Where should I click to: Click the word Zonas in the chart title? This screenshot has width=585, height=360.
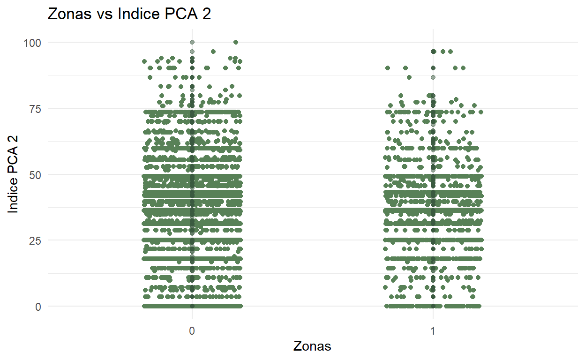pyautogui.click(x=64, y=14)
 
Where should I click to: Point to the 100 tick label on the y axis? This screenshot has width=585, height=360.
pyautogui.click(x=32, y=43)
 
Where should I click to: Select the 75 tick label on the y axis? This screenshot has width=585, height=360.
pyautogui.click(x=35, y=109)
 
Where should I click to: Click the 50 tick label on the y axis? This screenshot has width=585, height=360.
pyautogui.click(x=35, y=175)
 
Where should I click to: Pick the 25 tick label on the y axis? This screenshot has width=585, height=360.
pyautogui.click(x=35, y=240)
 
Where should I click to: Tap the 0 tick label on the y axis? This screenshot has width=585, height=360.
pyautogui.click(x=38, y=307)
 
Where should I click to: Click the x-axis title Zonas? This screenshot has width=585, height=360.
pyautogui.click(x=312, y=346)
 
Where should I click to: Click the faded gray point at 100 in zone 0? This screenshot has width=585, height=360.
pyautogui.click(x=192, y=42)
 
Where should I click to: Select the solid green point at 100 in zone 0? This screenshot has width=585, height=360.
pyautogui.click(x=235, y=42)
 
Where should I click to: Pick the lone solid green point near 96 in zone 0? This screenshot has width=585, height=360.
pyautogui.click(x=213, y=52)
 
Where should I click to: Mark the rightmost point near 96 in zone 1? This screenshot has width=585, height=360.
pyautogui.click(x=450, y=52)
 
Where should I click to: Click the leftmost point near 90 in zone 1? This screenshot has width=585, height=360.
pyautogui.click(x=388, y=68)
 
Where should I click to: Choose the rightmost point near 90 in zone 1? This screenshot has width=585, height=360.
pyautogui.click(x=463, y=68)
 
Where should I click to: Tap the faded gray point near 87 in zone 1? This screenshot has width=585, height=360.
pyautogui.click(x=433, y=77)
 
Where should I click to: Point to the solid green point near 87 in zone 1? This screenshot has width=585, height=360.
pyautogui.click(x=409, y=77)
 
